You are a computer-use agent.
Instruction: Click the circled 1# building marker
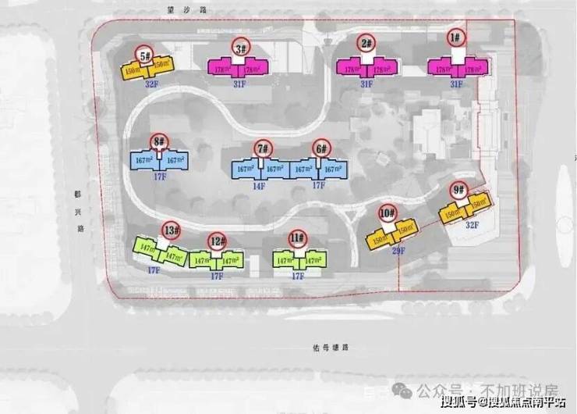(x=456, y=37)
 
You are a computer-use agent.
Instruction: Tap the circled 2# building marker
(x=366, y=42)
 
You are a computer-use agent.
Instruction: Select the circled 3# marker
(x=241, y=47)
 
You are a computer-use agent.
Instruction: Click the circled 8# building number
(x=159, y=142)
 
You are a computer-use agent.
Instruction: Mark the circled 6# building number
(x=320, y=148)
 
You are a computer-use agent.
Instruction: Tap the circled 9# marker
(x=458, y=190)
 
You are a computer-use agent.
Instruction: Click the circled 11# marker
(x=296, y=237)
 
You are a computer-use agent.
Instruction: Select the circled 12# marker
(x=218, y=241)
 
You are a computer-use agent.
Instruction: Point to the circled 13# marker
(x=172, y=230)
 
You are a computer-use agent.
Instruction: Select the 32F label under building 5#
(x=151, y=84)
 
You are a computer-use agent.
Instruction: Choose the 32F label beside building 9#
(x=473, y=224)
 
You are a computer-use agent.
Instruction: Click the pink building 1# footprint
(x=455, y=68)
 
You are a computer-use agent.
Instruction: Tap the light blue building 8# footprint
(x=159, y=160)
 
